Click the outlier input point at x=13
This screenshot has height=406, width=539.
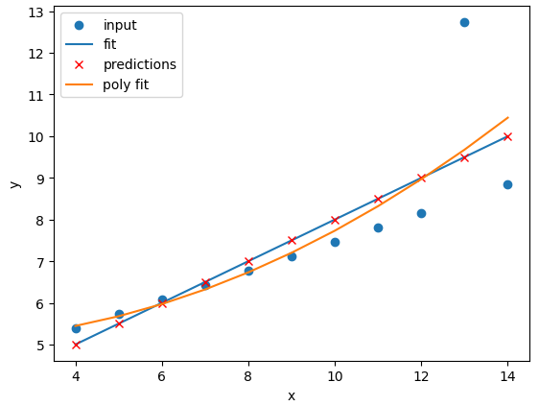coord(464,22)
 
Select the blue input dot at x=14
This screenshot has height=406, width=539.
coord(507,184)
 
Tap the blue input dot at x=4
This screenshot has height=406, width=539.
coord(76,328)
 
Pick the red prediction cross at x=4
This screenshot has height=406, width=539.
coord(76,345)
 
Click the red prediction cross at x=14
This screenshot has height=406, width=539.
coord(507,136)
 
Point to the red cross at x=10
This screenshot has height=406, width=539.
coord(335,220)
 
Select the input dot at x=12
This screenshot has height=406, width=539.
coord(421,213)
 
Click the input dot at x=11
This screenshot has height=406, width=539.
coord(378,227)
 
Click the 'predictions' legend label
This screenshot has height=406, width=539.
coord(139,64)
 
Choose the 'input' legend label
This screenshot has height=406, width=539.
coord(120,25)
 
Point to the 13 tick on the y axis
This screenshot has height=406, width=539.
coord(35,12)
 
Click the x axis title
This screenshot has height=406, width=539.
coord(292,396)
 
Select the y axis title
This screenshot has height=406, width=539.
coord(13,179)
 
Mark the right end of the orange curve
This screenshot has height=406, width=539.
coord(507,118)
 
